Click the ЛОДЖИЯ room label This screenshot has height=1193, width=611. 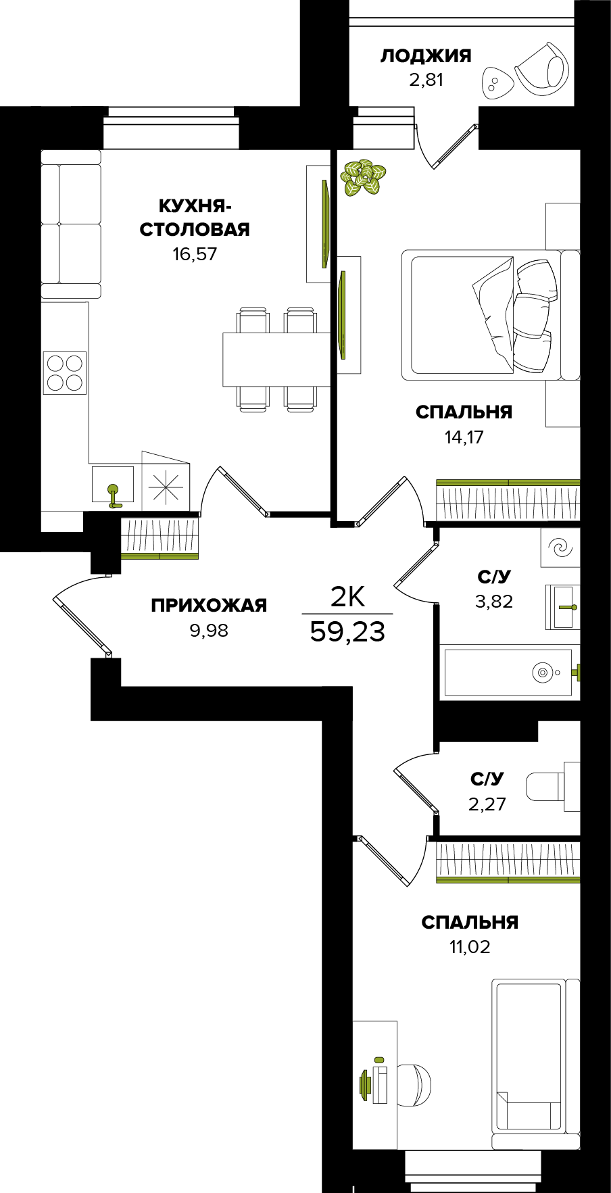pyautogui.click(x=425, y=55)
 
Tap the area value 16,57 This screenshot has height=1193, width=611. pyautogui.click(x=195, y=254)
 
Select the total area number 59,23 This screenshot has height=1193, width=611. pyautogui.click(x=347, y=632)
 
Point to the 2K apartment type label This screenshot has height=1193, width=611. pyautogui.click(x=347, y=597)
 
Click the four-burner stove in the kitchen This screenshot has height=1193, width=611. pyautogui.click(x=65, y=372)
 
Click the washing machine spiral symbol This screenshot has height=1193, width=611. pyautogui.click(x=560, y=547)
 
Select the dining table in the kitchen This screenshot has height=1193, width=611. pyautogui.click(x=276, y=359)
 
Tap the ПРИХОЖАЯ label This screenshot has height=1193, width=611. pyautogui.click(x=209, y=606)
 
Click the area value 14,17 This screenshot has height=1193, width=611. pyautogui.click(x=464, y=437)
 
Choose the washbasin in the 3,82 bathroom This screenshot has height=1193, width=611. pyautogui.click(x=563, y=607)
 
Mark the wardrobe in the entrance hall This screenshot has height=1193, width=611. pyautogui.click(x=160, y=538)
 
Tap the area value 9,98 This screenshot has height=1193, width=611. pyautogui.click(x=209, y=631)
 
